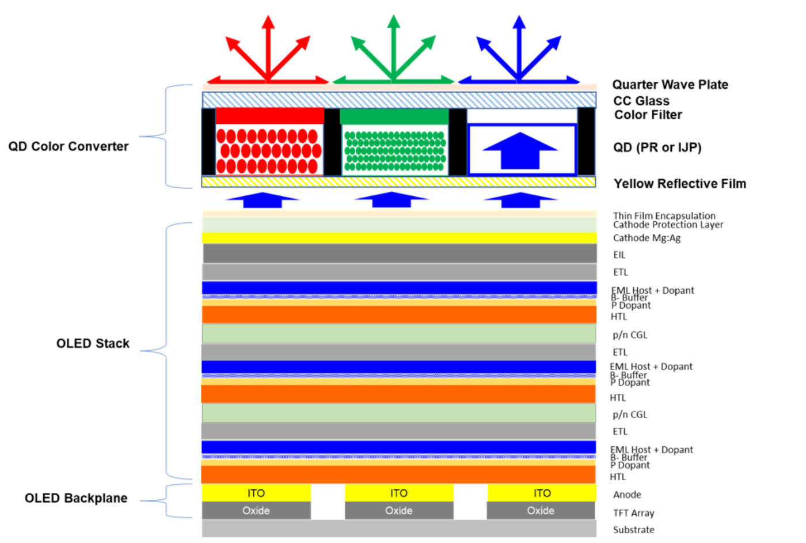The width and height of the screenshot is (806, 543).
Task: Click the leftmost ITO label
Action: [x=256, y=493]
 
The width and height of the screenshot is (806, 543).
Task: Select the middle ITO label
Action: [x=398, y=493]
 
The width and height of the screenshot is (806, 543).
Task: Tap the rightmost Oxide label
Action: [x=541, y=511]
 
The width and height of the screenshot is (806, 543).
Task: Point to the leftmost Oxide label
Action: [x=256, y=511]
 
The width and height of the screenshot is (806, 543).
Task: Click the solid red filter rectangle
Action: [x=269, y=116]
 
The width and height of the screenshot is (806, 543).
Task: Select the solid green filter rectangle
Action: [x=394, y=116]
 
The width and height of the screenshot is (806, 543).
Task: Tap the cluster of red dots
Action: [x=268, y=151]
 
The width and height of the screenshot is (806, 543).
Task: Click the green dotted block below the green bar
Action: [x=394, y=151]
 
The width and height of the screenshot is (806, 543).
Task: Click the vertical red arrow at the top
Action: [x=268, y=46]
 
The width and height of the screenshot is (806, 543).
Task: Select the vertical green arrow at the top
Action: [x=394, y=46]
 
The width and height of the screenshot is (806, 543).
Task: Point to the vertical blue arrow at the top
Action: [x=519, y=46]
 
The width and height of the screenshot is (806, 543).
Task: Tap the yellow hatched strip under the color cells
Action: [x=398, y=182]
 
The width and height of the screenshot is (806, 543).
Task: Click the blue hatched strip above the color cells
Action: [x=398, y=100]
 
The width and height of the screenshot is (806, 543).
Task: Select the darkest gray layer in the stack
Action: [x=400, y=253]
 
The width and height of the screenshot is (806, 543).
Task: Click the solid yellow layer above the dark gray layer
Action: [x=400, y=238]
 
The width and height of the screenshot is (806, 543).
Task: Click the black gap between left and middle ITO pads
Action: [x=327, y=502]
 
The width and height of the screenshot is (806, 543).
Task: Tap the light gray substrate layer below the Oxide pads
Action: [x=398, y=529]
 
